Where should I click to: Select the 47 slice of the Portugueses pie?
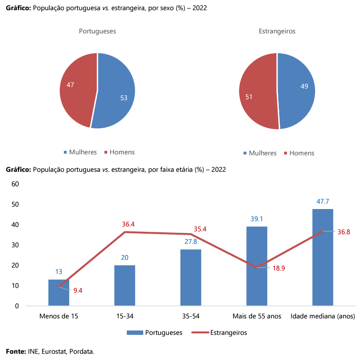[76, 87]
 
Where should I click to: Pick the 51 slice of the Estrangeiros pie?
[256, 94]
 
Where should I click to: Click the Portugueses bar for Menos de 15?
[59, 293]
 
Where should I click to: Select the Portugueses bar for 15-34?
[125, 285]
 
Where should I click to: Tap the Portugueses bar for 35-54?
[191, 277]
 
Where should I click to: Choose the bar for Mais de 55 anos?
[256, 266]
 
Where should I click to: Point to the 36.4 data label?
[128, 224]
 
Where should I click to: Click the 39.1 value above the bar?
[256, 219]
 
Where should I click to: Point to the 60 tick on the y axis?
[15, 184]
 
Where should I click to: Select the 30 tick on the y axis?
[15, 245]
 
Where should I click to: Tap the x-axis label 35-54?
[191, 316]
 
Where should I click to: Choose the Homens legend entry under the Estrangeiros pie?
[302, 153]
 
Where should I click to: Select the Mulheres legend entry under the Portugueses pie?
[83, 152]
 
